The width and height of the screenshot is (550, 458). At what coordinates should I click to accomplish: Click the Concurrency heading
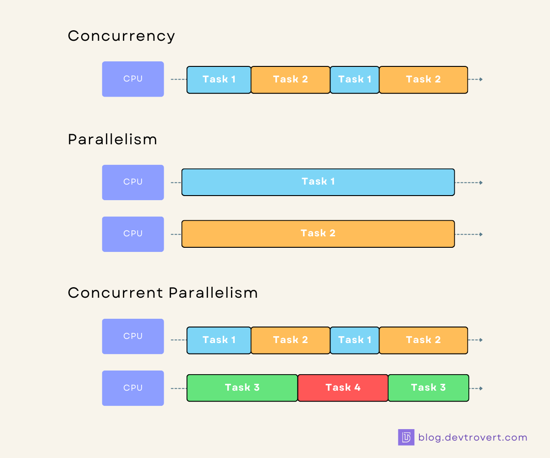coord(121,36)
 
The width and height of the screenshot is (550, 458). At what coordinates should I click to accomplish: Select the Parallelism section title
coord(113,139)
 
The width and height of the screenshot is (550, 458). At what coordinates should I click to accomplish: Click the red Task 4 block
coord(343,388)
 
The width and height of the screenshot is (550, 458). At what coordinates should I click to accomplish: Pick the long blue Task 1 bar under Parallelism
coord(318,182)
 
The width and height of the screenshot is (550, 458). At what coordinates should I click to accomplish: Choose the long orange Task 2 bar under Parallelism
coord(318,234)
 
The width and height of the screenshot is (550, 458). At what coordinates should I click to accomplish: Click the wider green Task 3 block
coord(242,388)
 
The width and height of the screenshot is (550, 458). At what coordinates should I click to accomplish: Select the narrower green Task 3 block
coord(428,388)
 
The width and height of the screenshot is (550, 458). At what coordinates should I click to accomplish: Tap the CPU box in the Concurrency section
coord(133,79)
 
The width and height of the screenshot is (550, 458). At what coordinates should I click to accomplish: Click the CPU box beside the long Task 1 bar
coord(133,182)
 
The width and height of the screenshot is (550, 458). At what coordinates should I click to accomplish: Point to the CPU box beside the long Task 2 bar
coord(133,234)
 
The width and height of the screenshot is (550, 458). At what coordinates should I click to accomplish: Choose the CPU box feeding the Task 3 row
coord(133,388)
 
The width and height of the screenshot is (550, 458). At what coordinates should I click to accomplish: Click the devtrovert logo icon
coord(406,437)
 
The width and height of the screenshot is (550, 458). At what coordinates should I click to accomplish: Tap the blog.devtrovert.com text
coord(473,437)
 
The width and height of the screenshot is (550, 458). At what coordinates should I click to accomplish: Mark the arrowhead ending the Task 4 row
coord(481,388)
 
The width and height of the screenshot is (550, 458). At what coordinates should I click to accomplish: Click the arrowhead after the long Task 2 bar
coord(481,234)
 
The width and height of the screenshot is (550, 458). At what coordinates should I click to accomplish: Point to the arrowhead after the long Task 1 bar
coord(481,183)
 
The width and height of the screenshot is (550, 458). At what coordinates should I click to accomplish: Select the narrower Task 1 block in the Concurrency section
coord(354,80)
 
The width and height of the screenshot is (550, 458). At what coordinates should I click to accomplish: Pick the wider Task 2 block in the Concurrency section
coord(423,80)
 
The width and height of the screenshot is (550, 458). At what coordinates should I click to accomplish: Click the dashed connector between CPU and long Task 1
coord(176,183)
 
